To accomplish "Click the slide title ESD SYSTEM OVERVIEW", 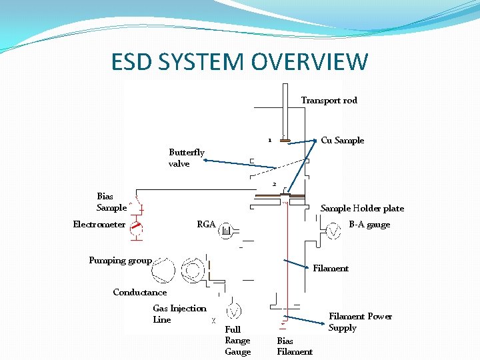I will (x=240, y=62).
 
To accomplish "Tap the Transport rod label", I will (x=329, y=101).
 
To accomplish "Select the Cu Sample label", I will (x=342, y=141).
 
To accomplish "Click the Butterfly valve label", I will (x=186, y=158).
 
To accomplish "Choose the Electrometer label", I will (x=99, y=225).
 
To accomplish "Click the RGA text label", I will (x=206, y=225).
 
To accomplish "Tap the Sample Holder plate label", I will (x=362, y=209).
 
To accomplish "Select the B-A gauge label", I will (x=369, y=225).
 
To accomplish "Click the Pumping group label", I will (x=120, y=261).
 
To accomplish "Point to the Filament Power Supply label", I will (x=360, y=322).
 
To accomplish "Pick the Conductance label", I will (x=140, y=293).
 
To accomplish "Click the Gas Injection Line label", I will (x=179, y=314).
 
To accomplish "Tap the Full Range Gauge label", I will (x=238, y=341).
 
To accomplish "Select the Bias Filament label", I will (x=295, y=347).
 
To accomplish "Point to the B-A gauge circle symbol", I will (x=331, y=231).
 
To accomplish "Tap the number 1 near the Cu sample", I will (x=269, y=141).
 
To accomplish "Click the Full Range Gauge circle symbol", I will (x=234, y=311).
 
